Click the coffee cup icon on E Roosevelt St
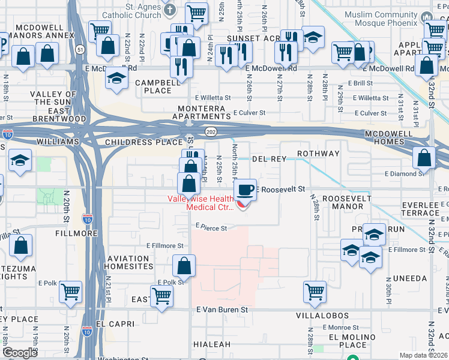(x=244, y=190)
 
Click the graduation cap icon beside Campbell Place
(x=117, y=79)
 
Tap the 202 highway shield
(x=211, y=130)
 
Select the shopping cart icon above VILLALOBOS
(x=315, y=292)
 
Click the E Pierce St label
(x=211, y=228)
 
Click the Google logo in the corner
(x=20, y=353)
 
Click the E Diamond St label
(x=404, y=173)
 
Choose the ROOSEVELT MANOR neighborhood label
(x=343, y=202)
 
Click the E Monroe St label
(x=340, y=328)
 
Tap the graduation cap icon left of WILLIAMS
(x=20, y=161)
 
